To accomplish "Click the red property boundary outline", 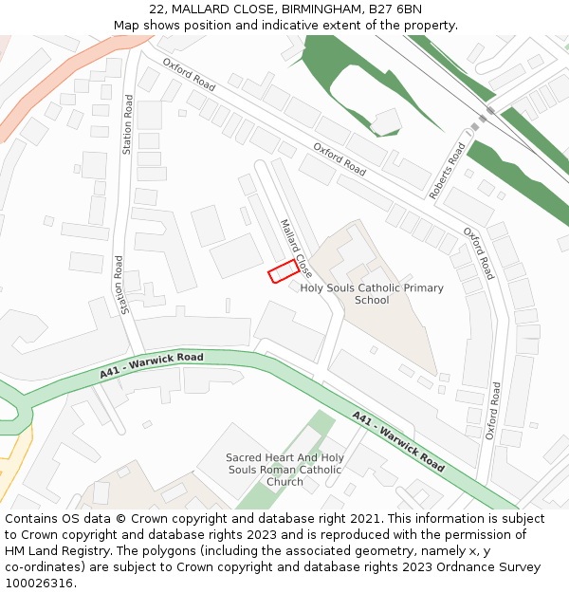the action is [284, 271].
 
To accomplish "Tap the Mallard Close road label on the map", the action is [295, 243].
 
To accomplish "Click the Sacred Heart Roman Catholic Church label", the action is [284, 469].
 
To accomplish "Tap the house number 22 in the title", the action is [156, 9].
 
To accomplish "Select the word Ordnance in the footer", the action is [470, 567].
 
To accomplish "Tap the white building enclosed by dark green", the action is [386, 121].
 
